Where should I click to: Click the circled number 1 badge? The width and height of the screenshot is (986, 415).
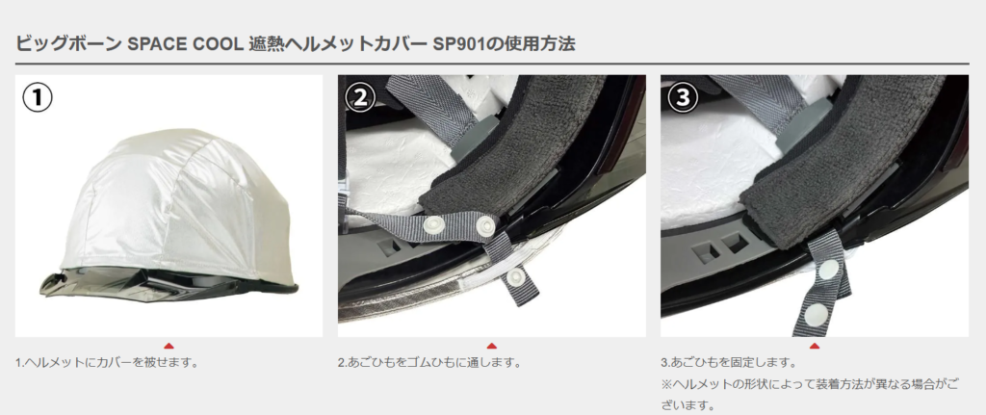tap(38, 98)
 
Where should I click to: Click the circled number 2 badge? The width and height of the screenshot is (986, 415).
tap(360, 98)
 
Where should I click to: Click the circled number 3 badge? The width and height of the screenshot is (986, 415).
tap(683, 98)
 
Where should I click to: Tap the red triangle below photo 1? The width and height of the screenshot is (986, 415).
tap(169, 346)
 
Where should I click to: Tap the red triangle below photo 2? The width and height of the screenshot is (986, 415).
tap(492, 346)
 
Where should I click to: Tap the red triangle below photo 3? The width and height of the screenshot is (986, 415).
tap(815, 346)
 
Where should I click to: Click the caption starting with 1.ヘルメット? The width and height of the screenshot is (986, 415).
tap(107, 363)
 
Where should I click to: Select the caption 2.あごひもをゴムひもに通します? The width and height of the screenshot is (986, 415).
tap(429, 363)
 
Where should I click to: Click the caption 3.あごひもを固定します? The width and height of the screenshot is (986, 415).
tap(729, 363)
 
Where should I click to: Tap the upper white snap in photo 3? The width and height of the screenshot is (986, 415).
tap(829, 271)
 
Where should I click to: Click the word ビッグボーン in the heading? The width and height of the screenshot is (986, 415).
tap(68, 44)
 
